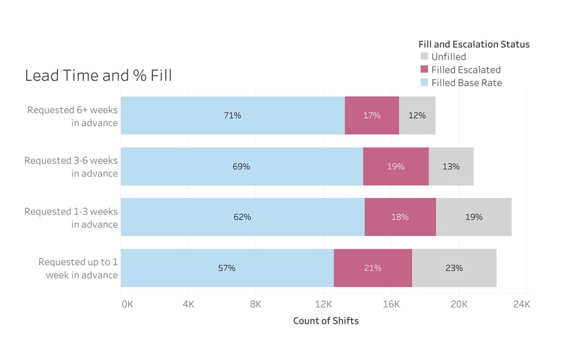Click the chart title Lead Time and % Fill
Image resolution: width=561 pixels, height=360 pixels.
(x=98, y=76)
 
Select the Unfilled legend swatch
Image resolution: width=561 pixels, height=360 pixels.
(x=424, y=57)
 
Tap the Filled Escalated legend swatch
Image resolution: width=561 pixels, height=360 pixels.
(x=424, y=70)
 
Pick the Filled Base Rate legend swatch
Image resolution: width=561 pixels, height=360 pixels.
(x=424, y=83)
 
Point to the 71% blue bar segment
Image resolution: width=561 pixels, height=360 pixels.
(x=233, y=115)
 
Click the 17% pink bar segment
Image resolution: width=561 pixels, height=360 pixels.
(x=372, y=115)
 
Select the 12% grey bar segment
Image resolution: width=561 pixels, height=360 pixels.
(x=417, y=115)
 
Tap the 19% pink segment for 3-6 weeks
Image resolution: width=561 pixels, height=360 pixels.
(x=396, y=167)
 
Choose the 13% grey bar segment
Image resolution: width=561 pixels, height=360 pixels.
(x=451, y=167)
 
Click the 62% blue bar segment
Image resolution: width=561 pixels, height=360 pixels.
(x=243, y=217)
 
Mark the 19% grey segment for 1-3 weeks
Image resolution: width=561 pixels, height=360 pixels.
(x=473, y=217)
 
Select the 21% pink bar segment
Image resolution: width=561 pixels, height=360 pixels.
(x=373, y=268)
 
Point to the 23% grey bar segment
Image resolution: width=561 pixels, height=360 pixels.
(x=454, y=268)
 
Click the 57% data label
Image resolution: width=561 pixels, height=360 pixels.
(x=227, y=268)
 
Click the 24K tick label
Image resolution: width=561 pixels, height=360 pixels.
(x=521, y=304)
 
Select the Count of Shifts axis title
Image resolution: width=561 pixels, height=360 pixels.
(x=326, y=321)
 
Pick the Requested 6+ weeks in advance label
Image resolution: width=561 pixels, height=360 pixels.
(x=73, y=116)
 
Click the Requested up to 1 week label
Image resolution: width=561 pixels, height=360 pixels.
(x=78, y=268)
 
